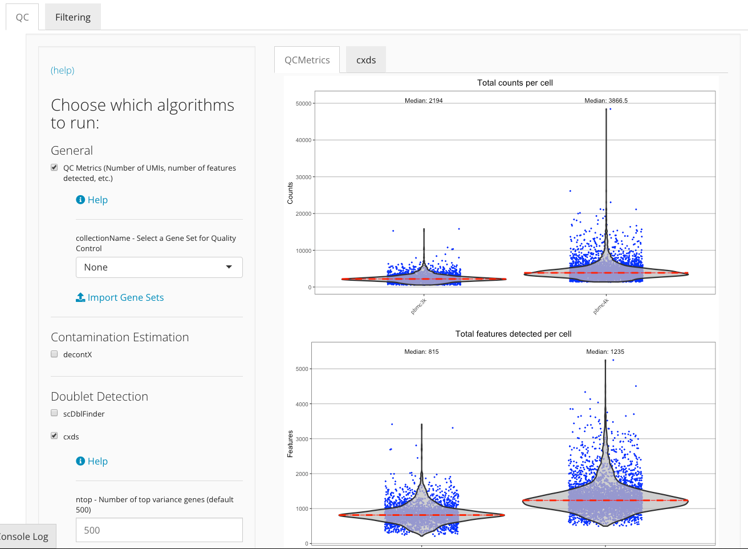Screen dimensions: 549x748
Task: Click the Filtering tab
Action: [x=72, y=17]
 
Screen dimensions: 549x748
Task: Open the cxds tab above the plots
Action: [x=365, y=60]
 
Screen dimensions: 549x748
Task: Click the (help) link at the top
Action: [x=62, y=70]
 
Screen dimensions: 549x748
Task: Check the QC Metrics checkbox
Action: [x=54, y=168]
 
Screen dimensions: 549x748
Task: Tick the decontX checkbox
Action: [x=54, y=354]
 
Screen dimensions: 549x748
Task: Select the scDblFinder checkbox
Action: [x=54, y=413]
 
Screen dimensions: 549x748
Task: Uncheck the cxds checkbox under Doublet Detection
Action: [x=54, y=436]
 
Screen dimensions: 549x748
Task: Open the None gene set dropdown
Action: [x=159, y=267]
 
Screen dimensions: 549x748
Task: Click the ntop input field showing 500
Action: [x=159, y=530]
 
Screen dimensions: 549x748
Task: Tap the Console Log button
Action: [x=25, y=536]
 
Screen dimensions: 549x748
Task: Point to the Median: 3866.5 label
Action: [x=605, y=100]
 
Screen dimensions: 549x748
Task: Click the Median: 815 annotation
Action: [x=421, y=352]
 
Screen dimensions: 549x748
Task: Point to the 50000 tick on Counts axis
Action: [x=303, y=104]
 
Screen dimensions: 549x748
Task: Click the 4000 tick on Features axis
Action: [x=302, y=404]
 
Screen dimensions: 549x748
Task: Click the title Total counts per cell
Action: [x=515, y=83]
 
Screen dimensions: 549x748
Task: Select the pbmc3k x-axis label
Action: [x=418, y=306]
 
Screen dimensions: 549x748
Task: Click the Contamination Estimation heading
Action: [x=120, y=337]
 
